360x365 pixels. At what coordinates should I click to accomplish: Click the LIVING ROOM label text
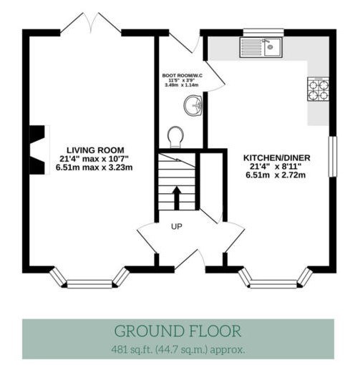coord(95,150)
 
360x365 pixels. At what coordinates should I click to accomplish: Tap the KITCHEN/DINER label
coord(277,158)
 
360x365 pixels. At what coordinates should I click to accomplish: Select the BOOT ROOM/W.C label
coord(183,76)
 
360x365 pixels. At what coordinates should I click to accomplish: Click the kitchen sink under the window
coord(261,47)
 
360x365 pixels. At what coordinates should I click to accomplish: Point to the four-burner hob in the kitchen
coord(318,89)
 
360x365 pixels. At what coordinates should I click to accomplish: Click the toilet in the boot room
coord(175,137)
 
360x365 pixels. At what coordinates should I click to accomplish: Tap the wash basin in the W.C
coord(193,105)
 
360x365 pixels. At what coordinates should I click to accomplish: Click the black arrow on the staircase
coord(177,198)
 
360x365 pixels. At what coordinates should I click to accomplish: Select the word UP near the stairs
coord(177,226)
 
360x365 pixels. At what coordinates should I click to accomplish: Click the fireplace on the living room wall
coord(38,150)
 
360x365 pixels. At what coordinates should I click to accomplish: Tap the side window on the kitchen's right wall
coord(333,157)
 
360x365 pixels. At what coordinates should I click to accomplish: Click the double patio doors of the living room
coord(91,23)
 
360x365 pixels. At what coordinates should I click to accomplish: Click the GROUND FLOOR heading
coord(178,331)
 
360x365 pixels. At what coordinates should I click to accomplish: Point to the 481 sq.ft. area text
coord(178,350)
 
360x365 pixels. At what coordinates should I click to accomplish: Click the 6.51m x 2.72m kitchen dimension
coord(276,175)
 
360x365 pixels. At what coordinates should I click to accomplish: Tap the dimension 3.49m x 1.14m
coord(182,85)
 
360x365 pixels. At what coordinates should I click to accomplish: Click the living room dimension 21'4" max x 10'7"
coord(94,159)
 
